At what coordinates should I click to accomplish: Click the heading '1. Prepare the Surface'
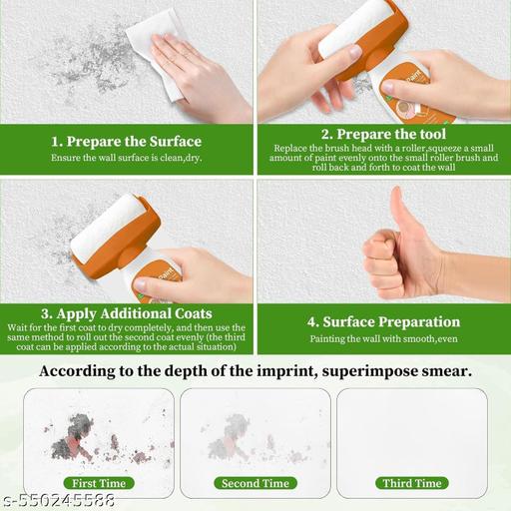(x=126, y=141)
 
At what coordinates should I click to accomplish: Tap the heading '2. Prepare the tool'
(x=382, y=133)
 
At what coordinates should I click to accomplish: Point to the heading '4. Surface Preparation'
(x=382, y=321)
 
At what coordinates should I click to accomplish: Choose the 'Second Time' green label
(x=255, y=483)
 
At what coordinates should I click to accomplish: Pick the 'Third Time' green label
(x=411, y=483)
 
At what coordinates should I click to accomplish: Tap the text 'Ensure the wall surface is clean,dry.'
(x=126, y=158)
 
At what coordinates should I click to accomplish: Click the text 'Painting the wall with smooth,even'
(x=382, y=340)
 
